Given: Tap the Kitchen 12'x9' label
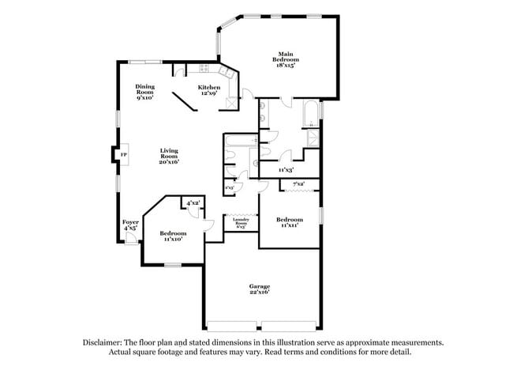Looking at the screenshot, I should [x=209, y=90].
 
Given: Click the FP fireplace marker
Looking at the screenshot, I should [x=122, y=153].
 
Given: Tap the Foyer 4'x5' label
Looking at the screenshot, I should [x=130, y=225].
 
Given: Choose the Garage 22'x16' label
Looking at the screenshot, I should [x=260, y=289].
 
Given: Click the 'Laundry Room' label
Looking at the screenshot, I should [x=241, y=223].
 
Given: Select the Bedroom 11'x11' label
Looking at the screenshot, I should [x=289, y=222].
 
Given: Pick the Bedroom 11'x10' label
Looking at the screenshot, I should [x=172, y=236].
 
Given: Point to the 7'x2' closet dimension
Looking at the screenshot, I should [x=298, y=184].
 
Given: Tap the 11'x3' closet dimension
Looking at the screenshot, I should [x=286, y=169].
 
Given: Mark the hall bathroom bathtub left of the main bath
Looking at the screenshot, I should [x=237, y=142].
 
